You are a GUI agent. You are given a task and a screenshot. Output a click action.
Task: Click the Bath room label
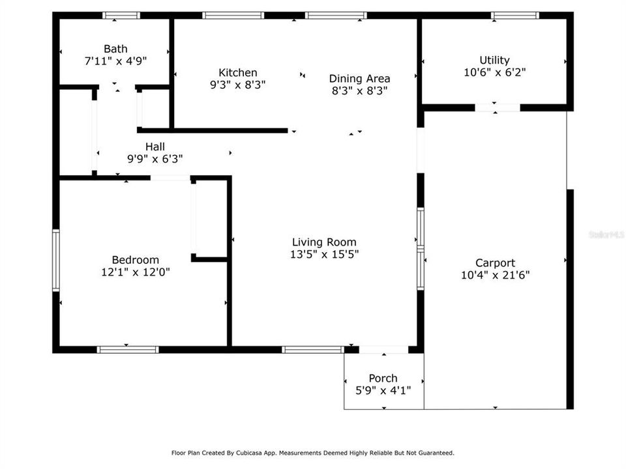click(115, 49)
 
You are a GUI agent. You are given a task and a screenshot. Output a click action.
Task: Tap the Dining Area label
click(359, 79)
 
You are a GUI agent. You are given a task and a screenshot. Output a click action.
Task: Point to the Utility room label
click(494, 61)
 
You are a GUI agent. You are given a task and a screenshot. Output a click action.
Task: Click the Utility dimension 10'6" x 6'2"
click(494, 72)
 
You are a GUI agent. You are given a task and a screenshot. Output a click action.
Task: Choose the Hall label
click(155, 147)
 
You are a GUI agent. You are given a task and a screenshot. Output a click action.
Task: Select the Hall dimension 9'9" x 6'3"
click(155, 158)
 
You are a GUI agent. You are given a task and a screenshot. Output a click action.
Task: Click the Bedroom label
click(135, 260)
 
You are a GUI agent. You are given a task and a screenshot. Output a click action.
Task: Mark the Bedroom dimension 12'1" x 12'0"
click(135, 272)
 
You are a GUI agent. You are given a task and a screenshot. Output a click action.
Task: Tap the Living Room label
click(324, 242)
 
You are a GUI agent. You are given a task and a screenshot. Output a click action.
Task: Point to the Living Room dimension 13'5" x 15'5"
click(324, 254)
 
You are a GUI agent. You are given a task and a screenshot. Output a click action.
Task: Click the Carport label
click(495, 263)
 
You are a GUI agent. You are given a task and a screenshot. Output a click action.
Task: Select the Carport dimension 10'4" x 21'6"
click(495, 275)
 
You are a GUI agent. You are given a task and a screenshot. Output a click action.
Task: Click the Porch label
click(383, 378)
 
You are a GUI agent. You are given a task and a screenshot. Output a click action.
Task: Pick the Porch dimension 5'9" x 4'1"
click(383, 390)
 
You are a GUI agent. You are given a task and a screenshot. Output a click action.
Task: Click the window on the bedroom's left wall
click(56, 260)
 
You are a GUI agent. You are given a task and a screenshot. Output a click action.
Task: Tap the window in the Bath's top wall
click(121, 15)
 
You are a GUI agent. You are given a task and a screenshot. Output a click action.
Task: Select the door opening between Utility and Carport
click(497, 107)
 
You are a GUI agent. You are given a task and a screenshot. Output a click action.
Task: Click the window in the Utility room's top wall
click(514, 15)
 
